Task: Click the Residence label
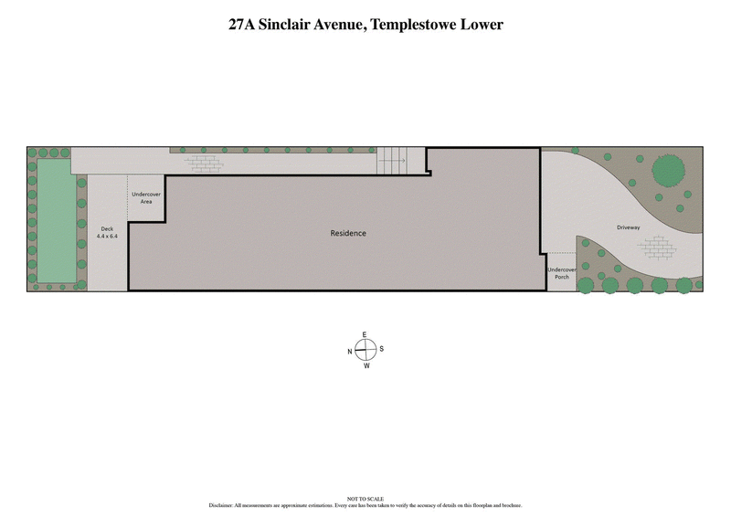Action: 348,233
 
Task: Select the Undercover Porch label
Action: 561,274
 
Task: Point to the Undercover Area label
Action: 146,197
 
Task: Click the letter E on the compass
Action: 365,334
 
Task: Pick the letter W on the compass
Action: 366,366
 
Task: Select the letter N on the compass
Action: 349,351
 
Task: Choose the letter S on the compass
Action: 382,349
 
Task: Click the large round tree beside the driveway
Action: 668,170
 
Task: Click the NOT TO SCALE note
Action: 365,499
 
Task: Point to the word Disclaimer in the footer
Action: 222,504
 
